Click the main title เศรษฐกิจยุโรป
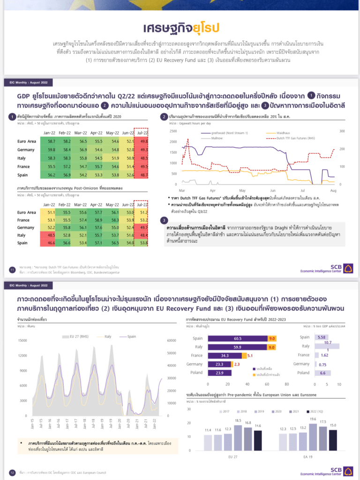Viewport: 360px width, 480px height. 180,26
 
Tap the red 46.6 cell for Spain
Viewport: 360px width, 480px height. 52,243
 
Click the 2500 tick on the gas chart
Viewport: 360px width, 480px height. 173,131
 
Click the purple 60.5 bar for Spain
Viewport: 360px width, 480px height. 237,338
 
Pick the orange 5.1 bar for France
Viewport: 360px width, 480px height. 250,356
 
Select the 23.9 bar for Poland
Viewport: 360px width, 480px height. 219,373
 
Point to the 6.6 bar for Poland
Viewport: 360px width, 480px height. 322,373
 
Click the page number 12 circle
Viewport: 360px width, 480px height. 12,472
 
